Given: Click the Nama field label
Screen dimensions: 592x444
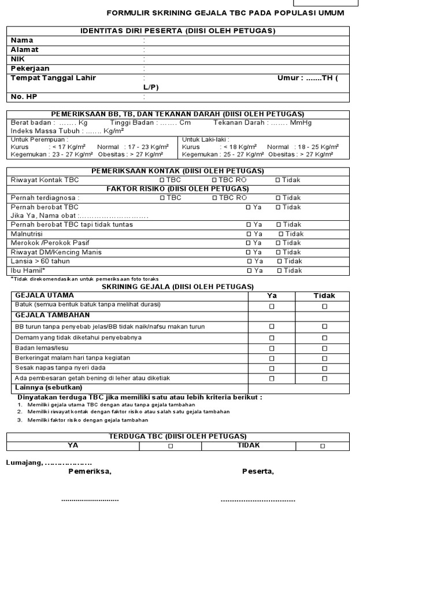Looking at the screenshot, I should (x=22, y=40).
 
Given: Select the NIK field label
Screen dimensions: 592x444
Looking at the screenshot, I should (x=18, y=59).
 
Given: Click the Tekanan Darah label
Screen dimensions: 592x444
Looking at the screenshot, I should (x=239, y=123).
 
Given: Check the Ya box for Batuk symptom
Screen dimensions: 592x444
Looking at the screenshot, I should (x=272, y=306).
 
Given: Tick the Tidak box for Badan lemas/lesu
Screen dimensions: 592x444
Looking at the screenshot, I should (x=324, y=348).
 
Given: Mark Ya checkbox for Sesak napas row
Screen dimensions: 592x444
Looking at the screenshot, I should (x=272, y=368).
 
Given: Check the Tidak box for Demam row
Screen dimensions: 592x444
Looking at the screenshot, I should (x=324, y=338).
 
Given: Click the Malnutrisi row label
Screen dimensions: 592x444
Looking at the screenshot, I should (x=27, y=234).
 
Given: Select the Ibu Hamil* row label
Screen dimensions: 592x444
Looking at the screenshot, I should (x=28, y=271).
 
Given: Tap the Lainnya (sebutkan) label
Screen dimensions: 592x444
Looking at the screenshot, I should (x=49, y=387).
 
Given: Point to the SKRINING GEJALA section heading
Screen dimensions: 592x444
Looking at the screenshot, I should (x=177, y=287).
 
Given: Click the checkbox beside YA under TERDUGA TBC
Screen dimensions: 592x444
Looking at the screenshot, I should (x=171, y=446).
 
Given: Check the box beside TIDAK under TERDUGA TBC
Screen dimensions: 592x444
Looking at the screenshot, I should (x=323, y=446).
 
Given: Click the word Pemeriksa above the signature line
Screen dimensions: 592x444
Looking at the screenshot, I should (x=90, y=472).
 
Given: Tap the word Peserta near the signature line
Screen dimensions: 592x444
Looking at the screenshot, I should (x=258, y=472).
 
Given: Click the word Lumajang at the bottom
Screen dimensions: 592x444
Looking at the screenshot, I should (x=23, y=463).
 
